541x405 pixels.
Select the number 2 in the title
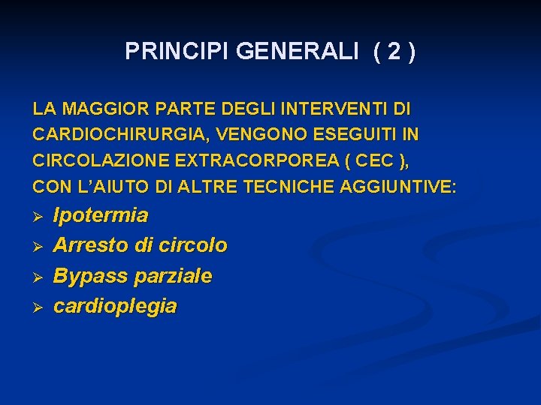pyautogui.click(x=393, y=51)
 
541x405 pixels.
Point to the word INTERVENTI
pyautogui.click(x=340, y=109)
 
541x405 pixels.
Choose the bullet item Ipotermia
pyautogui.click(x=101, y=216)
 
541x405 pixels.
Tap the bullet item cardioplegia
pyautogui.click(x=115, y=306)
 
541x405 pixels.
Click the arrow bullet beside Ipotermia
pyautogui.click(x=38, y=217)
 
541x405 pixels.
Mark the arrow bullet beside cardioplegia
pyautogui.click(x=38, y=307)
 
